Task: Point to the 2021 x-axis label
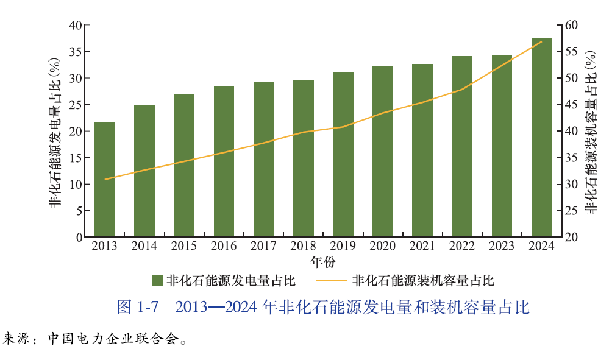coord(422,246)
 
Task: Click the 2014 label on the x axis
coord(144,246)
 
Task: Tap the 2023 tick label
coord(502,246)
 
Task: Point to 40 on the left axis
coord(76,25)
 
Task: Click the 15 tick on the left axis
coord(76,158)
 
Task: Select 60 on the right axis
coord(571,25)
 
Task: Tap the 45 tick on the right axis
coord(571,105)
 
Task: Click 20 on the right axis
coord(571,237)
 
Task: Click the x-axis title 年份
coord(323,263)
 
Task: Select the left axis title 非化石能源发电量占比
coord(55,131)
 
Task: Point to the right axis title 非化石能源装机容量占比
coord(591,131)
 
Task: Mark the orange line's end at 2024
coord(542,41)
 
